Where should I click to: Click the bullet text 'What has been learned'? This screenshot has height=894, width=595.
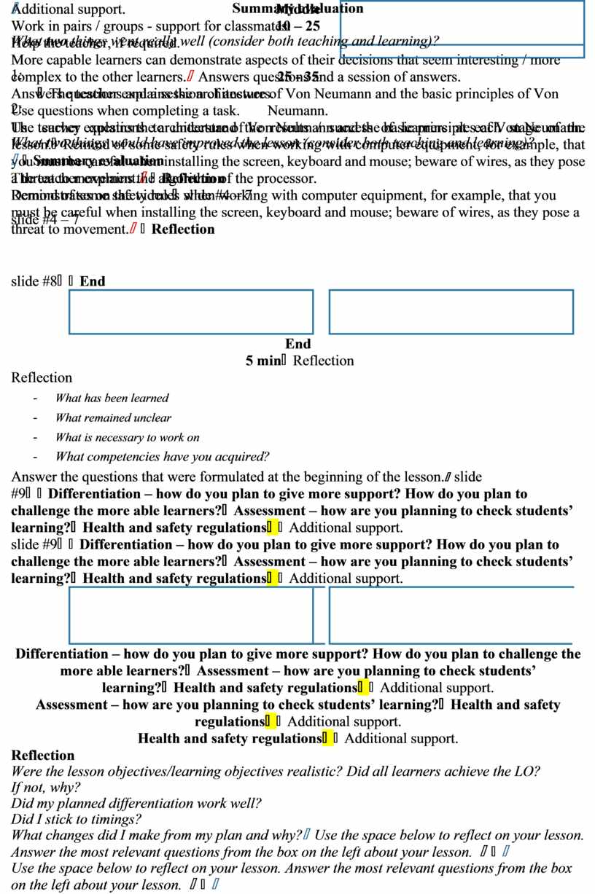(x=112, y=398)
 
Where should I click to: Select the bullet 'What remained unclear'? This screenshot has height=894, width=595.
(x=113, y=417)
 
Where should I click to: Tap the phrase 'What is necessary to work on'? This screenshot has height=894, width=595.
(x=127, y=437)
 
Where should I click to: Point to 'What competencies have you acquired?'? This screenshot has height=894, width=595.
(x=162, y=457)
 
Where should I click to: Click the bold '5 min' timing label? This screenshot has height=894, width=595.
(x=259, y=361)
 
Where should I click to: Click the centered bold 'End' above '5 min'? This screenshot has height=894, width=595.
(x=298, y=344)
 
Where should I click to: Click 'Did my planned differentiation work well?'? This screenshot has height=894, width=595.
(x=136, y=804)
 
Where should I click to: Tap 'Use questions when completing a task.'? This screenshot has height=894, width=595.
(x=125, y=111)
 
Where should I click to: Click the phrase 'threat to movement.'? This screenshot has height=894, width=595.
(x=69, y=229)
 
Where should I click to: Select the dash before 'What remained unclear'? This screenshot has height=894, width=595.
(x=35, y=418)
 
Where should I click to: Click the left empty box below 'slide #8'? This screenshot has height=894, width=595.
(x=191, y=312)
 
